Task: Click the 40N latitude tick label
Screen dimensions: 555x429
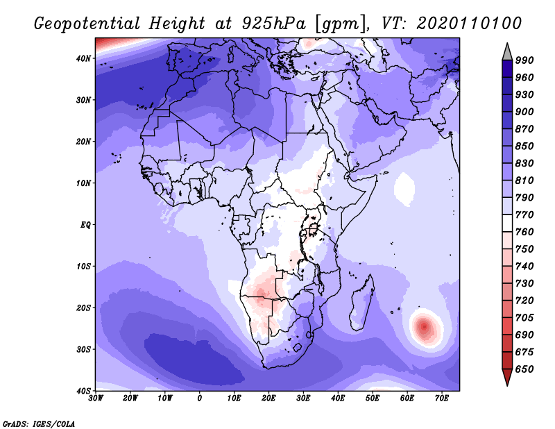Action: (83, 58)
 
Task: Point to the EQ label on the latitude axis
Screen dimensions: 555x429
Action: (85, 225)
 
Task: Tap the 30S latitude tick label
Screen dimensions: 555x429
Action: (83, 349)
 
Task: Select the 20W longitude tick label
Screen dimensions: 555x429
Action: (130, 398)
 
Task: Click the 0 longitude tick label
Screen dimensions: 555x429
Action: (200, 398)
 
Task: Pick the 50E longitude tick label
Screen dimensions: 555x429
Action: (373, 398)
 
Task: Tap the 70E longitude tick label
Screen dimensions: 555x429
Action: (442, 398)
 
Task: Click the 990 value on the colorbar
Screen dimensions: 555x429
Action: (524, 60)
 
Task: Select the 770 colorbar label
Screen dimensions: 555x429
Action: (524, 215)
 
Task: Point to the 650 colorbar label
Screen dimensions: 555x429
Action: (524, 369)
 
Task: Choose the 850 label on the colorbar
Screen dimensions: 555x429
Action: (524, 146)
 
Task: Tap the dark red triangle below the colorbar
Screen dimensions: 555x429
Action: (507, 376)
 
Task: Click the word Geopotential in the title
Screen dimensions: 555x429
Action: (87, 24)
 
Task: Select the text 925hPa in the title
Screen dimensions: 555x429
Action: (273, 24)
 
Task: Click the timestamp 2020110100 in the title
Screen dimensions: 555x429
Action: (469, 24)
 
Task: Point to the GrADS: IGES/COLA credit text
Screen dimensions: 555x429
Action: (39, 423)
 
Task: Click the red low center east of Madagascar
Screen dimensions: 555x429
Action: (425, 327)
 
